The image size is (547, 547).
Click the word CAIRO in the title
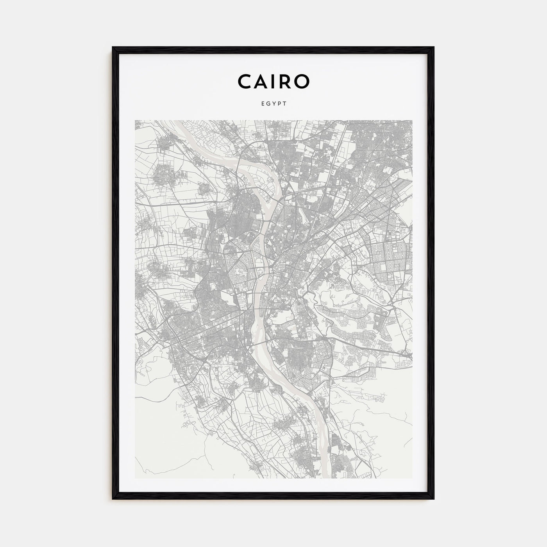tap(273, 81)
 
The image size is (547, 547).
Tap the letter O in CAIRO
tap(303, 81)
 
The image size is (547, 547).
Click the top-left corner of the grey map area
tap(135, 121)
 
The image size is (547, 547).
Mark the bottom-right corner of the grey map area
tap(412, 478)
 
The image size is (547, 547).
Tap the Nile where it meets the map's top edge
tap(177, 122)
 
